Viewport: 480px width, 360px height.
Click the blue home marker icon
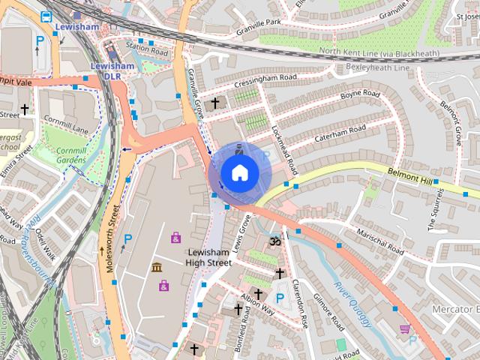point(239,172)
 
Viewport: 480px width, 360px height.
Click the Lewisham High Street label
point(210,257)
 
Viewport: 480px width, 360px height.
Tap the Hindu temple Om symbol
point(275,242)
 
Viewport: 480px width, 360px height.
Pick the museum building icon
point(157,268)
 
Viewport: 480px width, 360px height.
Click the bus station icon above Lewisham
point(46,16)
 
